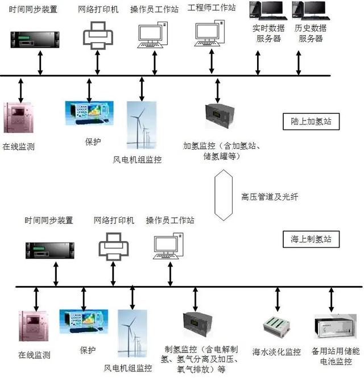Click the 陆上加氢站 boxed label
coord(311,121)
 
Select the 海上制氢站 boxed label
coord(311,239)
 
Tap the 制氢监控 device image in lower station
coord(196,326)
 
